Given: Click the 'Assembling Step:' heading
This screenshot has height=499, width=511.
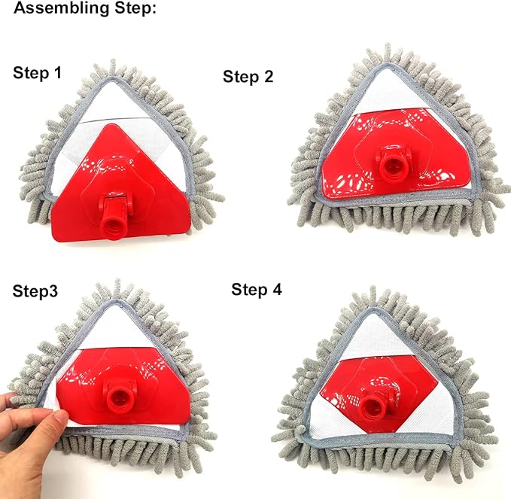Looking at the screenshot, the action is (x=85, y=8).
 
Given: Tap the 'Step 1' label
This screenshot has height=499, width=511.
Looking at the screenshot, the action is (x=37, y=73).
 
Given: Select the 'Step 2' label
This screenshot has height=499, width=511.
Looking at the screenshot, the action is (x=248, y=77).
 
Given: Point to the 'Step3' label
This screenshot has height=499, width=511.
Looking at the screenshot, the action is (x=35, y=291).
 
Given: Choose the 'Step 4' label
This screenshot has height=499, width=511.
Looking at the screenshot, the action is (x=257, y=290).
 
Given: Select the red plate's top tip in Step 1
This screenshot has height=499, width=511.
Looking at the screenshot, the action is (x=113, y=124).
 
